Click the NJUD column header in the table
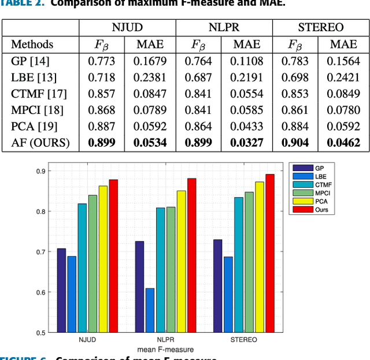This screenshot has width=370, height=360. tap(127, 27)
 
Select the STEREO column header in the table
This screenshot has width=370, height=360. tap(321, 27)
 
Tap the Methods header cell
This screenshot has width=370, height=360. tap(32, 44)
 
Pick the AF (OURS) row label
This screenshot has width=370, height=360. tap(40, 143)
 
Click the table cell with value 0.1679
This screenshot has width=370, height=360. tap(151, 61)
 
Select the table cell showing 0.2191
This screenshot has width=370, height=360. tap(248, 77)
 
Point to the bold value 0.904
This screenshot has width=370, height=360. tap(295, 143)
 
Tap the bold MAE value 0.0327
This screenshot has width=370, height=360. tap(248, 143)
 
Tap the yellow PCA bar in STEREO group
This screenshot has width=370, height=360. tap(243, 257)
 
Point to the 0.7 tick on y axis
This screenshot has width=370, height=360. tap(39, 252)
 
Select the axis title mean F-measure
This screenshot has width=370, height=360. tap(166, 350)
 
